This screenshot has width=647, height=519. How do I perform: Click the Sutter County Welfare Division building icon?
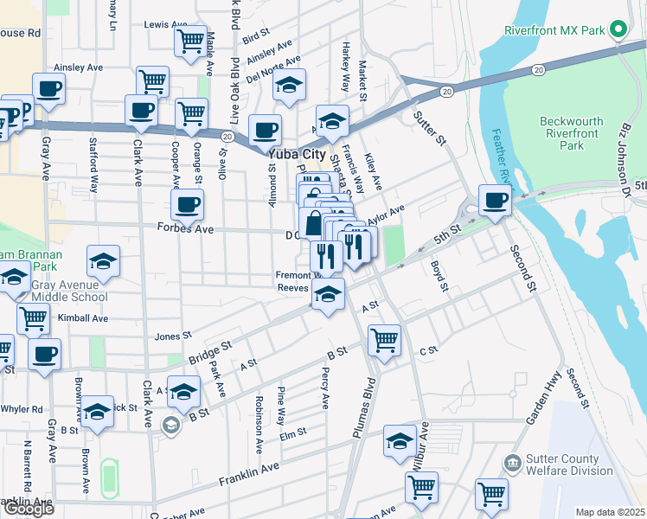point(513,464)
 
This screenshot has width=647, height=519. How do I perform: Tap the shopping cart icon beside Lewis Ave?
point(190,41)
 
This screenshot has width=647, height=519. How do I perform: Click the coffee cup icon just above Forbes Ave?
point(187,205)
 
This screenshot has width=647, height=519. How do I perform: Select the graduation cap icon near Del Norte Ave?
point(290,86)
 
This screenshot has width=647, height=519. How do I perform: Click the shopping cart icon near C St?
point(384,339)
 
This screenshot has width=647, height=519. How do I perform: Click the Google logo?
point(28,508)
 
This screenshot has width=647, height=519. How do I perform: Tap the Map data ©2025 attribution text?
point(609,512)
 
